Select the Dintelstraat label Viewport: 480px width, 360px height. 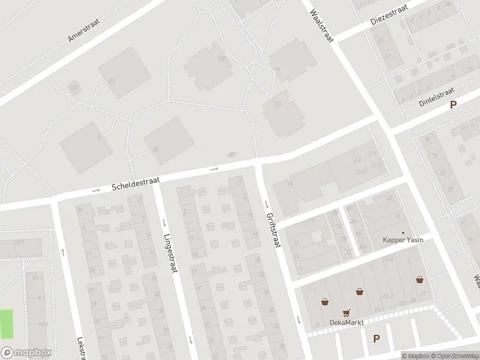[437, 97]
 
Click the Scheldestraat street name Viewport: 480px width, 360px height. [136, 184]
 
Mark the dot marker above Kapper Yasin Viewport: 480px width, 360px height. [403, 233]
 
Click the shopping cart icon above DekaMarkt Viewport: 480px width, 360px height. [346, 313]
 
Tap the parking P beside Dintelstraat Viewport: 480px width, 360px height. [454, 104]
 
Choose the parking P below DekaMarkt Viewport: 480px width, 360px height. [376, 339]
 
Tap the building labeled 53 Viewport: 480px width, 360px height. [155, 149]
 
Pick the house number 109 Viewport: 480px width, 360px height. [221, 58]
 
